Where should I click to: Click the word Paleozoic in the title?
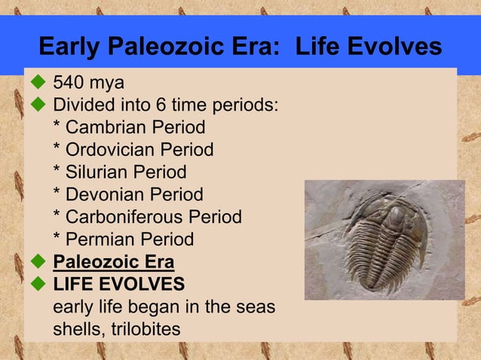pos(151,47)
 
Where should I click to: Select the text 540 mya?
pos(87,82)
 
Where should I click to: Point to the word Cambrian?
pos(106,127)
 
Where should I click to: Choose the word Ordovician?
pos(110,150)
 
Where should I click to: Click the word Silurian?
pos(97,172)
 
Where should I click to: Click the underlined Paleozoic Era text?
pos(113,263)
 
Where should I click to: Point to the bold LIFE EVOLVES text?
pos(118,285)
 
